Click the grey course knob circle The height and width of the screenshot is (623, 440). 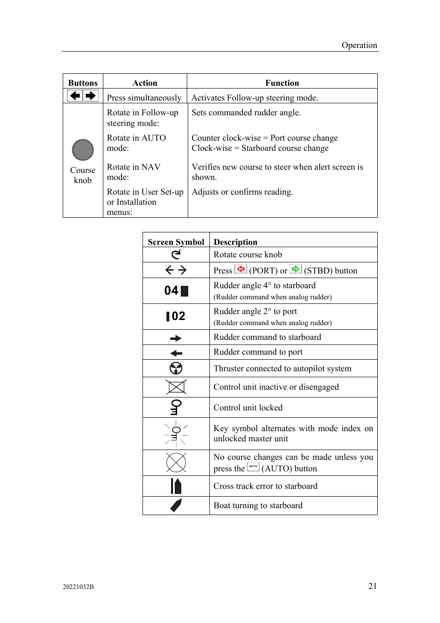[x=83, y=150]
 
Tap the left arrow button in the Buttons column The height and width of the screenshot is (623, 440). [x=75, y=96]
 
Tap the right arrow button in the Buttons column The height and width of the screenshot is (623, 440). [x=91, y=96]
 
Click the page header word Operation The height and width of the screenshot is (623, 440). [x=359, y=45]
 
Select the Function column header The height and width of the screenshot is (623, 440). [x=282, y=83]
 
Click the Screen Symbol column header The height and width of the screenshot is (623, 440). [x=176, y=242]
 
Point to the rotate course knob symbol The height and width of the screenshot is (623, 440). [x=176, y=255]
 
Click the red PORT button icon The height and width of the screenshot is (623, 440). [x=241, y=269]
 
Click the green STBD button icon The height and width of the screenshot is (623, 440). [x=296, y=269]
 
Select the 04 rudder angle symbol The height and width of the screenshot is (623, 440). [x=176, y=291]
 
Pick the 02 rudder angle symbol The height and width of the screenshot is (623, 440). [x=176, y=316]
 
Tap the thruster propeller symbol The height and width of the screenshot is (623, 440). [x=176, y=368]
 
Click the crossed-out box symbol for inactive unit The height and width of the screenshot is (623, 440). [x=176, y=387]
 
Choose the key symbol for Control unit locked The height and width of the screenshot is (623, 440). [x=176, y=407]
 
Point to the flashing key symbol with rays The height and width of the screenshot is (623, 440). [x=176, y=434]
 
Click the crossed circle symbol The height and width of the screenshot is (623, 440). [x=176, y=463]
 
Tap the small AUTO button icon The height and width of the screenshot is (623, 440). [x=253, y=467]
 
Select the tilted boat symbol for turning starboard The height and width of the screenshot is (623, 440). [x=176, y=505]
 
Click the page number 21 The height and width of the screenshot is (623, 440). [x=372, y=586]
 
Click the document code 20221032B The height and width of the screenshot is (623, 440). [x=78, y=587]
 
